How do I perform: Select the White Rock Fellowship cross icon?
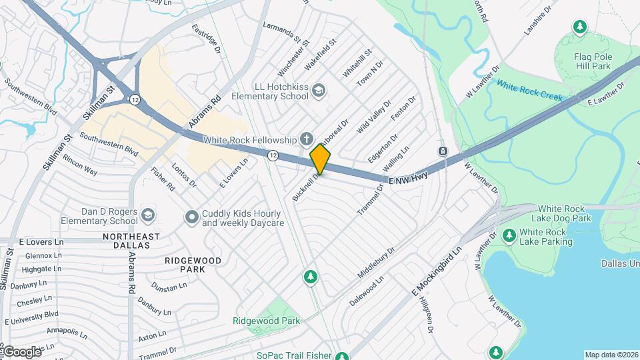pyautogui.click(x=306, y=139)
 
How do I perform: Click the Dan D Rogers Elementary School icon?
pyautogui.click(x=147, y=215)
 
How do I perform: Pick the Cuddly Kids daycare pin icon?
pyautogui.click(x=192, y=217)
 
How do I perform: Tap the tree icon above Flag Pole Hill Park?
pyautogui.click(x=580, y=27)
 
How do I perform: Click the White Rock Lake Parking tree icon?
pyautogui.click(x=509, y=235)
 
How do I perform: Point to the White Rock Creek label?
pyautogui.click(x=529, y=91)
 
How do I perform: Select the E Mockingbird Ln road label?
pyautogui.click(x=437, y=271)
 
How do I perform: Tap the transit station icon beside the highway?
pyautogui.click(x=443, y=151)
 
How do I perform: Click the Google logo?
pyautogui.click(x=21, y=351)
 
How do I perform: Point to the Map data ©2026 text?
pyautogui.click(x=610, y=355)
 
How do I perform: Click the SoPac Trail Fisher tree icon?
pyautogui.click(x=342, y=356)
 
